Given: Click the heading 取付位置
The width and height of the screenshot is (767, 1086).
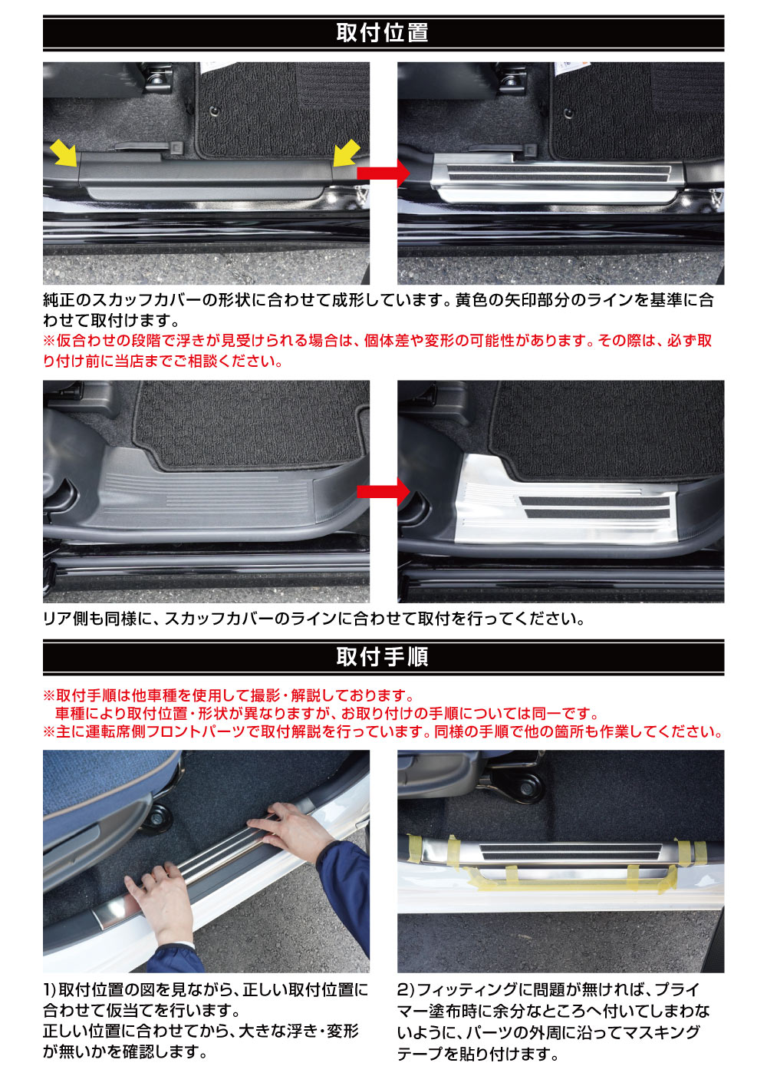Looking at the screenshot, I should coord(383,33).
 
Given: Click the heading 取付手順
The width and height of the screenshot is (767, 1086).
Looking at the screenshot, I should coord(383,657).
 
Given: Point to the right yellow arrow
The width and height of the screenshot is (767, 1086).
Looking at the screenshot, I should coord(346,152).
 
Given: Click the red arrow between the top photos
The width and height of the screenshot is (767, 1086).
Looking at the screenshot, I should coord(383,173).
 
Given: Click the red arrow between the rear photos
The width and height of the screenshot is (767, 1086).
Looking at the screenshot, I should coord(383,491).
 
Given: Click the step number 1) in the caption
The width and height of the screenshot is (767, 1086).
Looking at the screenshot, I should coord(50,990).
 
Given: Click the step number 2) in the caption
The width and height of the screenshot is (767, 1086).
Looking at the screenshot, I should coord(406,990).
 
